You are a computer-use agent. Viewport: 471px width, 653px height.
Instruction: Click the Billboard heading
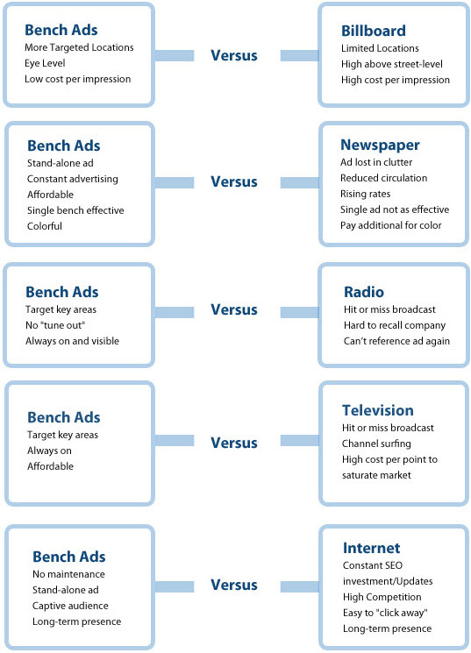pyautogui.click(x=373, y=31)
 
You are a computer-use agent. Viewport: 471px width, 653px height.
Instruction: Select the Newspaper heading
pyautogui.click(x=380, y=145)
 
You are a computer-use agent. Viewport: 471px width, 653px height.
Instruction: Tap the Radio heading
pyautogui.click(x=363, y=292)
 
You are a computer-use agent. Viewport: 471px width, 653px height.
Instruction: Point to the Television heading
pyautogui.click(x=378, y=410)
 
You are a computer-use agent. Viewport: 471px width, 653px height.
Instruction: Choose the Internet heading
pyautogui.click(x=371, y=548)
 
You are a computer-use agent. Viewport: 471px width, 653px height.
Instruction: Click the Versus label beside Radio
pyautogui.click(x=234, y=309)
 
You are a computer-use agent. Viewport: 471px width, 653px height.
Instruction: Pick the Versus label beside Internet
pyautogui.click(x=234, y=585)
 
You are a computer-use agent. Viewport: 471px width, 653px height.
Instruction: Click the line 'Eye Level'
pyautogui.click(x=45, y=63)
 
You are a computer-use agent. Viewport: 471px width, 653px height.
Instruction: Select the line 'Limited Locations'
pyautogui.click(x=380, y=48)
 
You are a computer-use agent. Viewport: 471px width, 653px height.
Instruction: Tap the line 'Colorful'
pyautogui.click(x=45, y=226)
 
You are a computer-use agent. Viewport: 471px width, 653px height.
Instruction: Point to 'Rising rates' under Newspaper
pyautogui.click(x=365, y=194)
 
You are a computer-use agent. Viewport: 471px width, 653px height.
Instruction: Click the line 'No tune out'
pyautogui.click(x=55, y=325)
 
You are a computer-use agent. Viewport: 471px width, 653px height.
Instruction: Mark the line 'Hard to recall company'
pyautogui.click(x=395, y=325)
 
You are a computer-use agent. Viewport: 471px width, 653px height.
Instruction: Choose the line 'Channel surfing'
pyautogui.click(x=376, y=444)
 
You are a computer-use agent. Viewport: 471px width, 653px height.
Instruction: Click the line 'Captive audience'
pyautogui.click(x=70, y=606)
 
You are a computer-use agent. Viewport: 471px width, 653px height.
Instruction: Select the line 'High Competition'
pyautogui.click(x=382, y=597)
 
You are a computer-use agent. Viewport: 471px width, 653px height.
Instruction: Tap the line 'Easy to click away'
pyautogui.click(x=385, y=613)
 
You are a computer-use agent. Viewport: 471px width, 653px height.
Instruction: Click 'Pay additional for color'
pyautogui.click(x=390, y=225)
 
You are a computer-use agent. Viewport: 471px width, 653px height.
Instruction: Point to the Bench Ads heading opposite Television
pyautogui.click(x=64, y=417)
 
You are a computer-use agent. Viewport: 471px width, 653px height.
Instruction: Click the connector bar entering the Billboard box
pyautogui.click(x=299, y=55)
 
